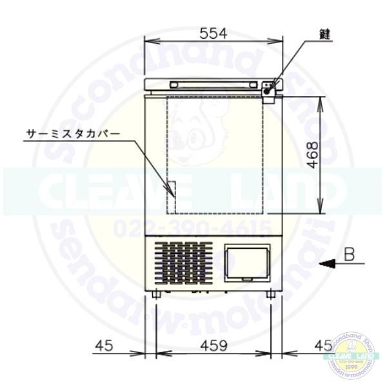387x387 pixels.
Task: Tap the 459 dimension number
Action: pos(213,346)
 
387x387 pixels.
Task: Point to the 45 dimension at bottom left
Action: pos(103,346)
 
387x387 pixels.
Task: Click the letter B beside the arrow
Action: pos(349,255)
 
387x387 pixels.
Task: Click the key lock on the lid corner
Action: pos(270,86)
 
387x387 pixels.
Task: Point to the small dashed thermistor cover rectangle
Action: pos(170,188)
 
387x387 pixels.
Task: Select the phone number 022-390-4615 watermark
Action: pos(193,226)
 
